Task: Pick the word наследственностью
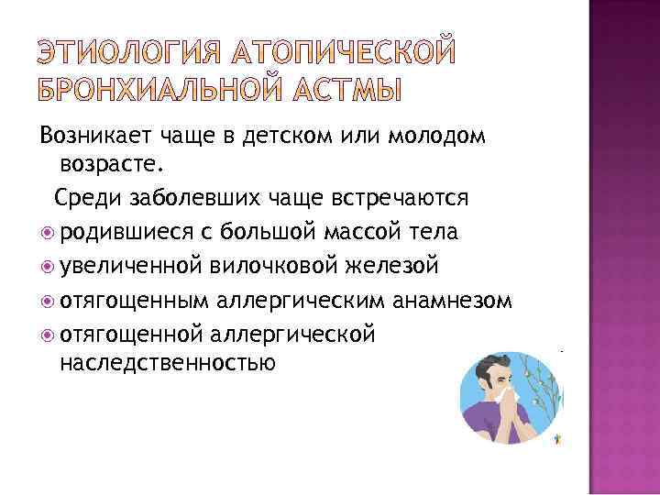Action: coord(167,363)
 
